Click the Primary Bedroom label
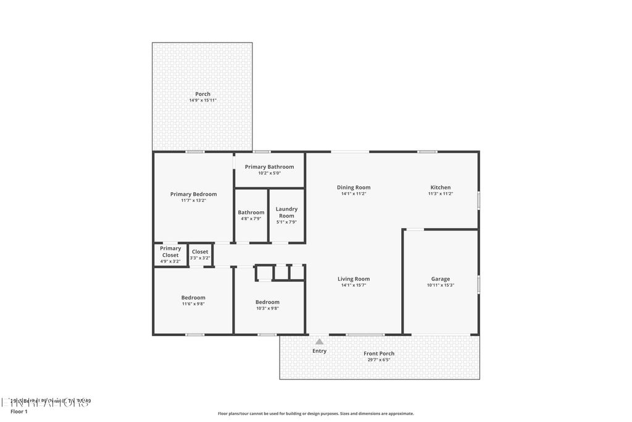[193, 194]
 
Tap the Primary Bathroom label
[269, 167]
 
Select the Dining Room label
[354, 187]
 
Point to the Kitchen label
[440, 187]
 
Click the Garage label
[440, 279]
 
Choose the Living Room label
[354, 279]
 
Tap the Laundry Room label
[286, 212]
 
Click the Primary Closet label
[170, 251]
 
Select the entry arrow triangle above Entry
[319, 341]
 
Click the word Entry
[319, 351]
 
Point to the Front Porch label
[379, 353]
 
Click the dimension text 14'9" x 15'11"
[202, 101]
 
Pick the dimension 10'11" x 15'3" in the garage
[440, 285]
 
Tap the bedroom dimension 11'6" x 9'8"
[193, 304]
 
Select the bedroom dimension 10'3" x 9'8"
[267, 308]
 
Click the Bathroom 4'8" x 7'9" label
[251, 215]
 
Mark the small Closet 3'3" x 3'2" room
[200, 255]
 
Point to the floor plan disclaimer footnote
[315, 414]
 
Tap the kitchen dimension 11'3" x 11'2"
[440, 194]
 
